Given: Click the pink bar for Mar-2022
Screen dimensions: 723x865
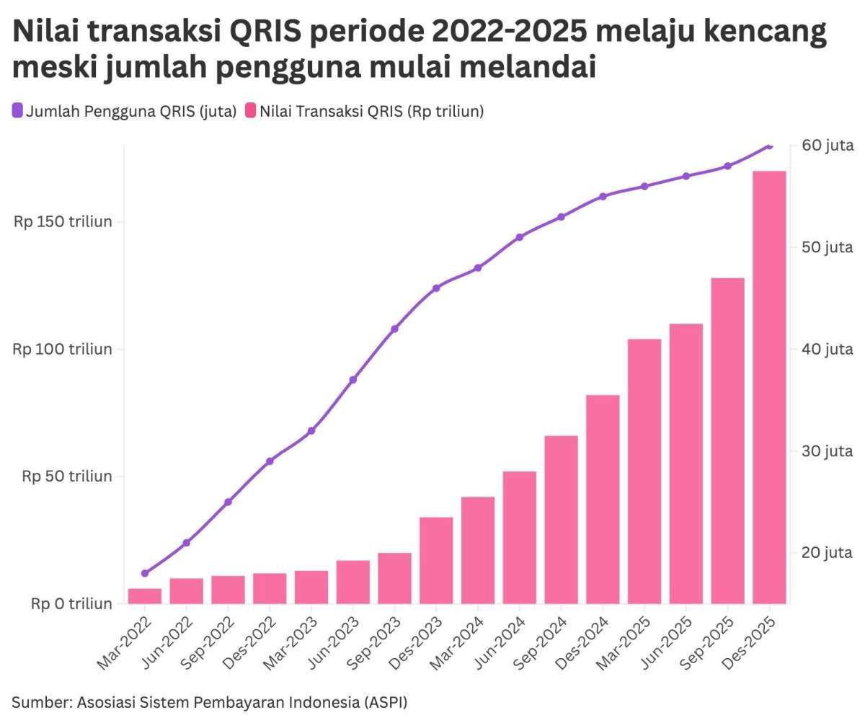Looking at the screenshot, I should pos(145,596).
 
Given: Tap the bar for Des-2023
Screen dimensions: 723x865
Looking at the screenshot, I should pos(436,560).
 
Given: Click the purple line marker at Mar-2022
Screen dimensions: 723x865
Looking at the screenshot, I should pos(145,573).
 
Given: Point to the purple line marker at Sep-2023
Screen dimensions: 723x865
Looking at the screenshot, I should pos(394,329).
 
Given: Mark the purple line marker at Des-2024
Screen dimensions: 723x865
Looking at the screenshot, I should pos(603,196).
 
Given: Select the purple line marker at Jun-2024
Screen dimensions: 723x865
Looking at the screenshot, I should pos(520,236).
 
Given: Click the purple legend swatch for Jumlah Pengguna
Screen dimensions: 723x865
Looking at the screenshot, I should pos(17,111).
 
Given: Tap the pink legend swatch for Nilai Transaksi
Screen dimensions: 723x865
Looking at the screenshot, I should pos(250,111).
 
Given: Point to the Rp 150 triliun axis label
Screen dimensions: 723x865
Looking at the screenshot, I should pos(63,221).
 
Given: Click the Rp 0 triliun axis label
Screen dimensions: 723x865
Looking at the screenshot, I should pos(71,603).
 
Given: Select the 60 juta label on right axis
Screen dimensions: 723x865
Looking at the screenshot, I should pos(828,146).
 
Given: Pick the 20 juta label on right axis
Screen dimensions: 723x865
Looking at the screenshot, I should pos(828,553).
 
